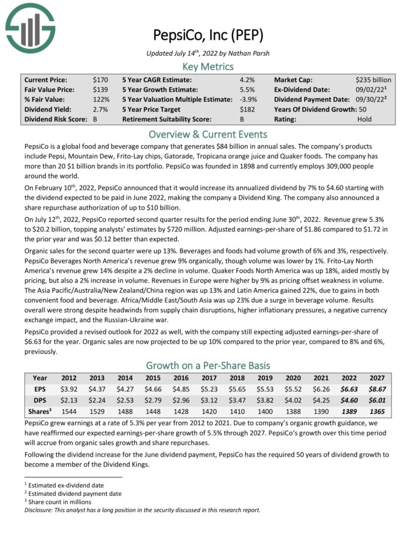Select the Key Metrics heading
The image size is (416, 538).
pyautogui.click(x=208, y=66)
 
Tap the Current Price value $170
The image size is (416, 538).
pyautogui.click(x=100, y=80)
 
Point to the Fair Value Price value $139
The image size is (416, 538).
pyautogui.click(x=100, y=90)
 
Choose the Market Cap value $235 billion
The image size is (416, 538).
pyautogui.click(x=373, y=80)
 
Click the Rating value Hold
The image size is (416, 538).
pyautogui.click(x=365, y=119)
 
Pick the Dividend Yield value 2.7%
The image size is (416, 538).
pyautogui.click(x=100, y=109)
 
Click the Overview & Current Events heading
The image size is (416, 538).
pyautogui.click(x=208, y=133)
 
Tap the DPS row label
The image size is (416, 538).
pyautogui.click(x=39, y=400)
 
